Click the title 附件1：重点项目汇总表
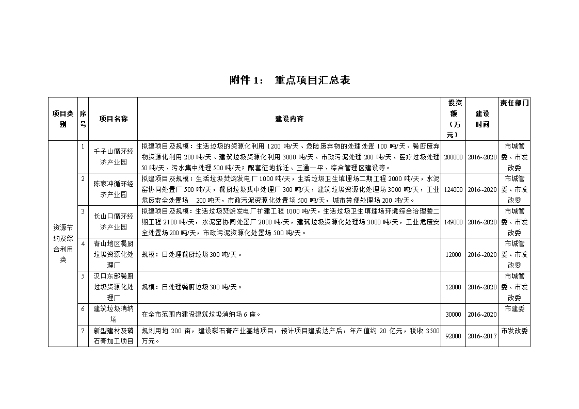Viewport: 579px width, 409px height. tap(289, 80)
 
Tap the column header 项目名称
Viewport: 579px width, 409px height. tap(114, 119)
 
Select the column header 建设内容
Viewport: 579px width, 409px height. tap(289, 119)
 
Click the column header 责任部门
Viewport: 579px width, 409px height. tap(514, 103)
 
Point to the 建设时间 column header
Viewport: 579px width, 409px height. tap(482, 119)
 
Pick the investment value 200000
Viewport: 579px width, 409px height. tap(454, 157)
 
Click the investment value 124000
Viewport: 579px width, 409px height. tap(454, 189)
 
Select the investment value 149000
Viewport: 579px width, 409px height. tap(454, 222)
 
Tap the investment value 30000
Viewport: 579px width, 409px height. tap(454, 314)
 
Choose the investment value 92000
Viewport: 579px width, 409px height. tap(454, 336)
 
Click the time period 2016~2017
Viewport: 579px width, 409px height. tap(482, 336)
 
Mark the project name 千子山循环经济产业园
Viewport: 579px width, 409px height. tap(114, 157)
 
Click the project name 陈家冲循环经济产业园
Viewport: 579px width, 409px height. tap(114, 189)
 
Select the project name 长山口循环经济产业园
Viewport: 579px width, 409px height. tap(114, 222)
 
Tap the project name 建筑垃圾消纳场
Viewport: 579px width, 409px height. tap(114, 314)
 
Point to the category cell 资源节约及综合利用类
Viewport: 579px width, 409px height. tap(63, 243)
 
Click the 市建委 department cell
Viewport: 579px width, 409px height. tap(514, 309)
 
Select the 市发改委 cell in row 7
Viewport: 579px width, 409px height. tap(514, 331)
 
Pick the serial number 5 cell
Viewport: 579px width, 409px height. tap(83, 276)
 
